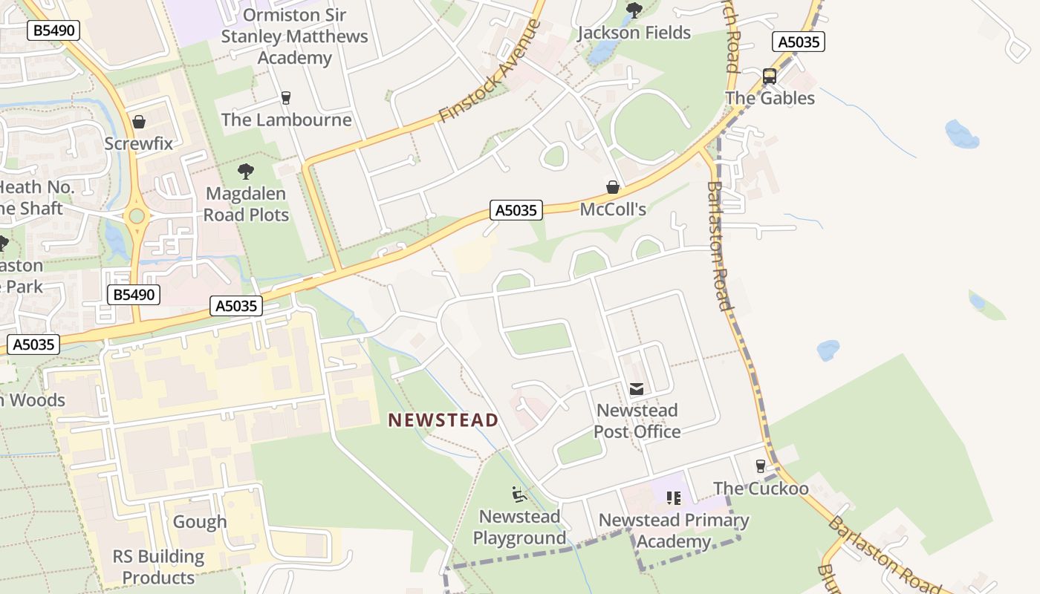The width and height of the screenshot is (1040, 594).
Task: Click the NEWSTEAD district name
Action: [x=443, y=420]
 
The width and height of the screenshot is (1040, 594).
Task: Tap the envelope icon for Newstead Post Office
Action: [x=637, y=389]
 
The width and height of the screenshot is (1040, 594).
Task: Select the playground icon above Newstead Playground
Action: [x=519, y=495]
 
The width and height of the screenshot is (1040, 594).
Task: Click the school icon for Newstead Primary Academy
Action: [x=674, y=498]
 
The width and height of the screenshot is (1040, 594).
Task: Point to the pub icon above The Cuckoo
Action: [x=760, y=466]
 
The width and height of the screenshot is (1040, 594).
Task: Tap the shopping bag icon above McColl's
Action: [x=613, y=187]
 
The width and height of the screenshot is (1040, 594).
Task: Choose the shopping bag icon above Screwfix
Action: [x=138, y=122]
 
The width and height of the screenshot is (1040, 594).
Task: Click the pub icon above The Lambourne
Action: [x=285, y=98]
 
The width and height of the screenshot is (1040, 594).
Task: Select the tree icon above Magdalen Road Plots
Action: [x=246, y=172]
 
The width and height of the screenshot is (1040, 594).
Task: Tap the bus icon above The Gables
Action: [x=770, y=76]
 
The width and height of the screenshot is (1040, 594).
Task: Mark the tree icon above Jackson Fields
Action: [x=634, y=10]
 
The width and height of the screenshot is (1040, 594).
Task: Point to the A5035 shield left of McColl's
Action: [x=516, y=210]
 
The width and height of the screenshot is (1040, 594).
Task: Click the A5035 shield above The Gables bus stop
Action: [x=799, y=42]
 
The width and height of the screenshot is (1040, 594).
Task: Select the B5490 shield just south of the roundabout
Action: [x=134, y=295]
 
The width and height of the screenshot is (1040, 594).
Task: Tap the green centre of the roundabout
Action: [x=137, y=216]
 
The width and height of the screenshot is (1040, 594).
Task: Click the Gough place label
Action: [x=199, y=522]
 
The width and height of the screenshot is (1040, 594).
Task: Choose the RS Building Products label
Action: [x=158, y=567]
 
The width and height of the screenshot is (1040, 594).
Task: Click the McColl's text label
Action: [x=613, y=209]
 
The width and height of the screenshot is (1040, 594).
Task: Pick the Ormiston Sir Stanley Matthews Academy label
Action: [x=294, y=36]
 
